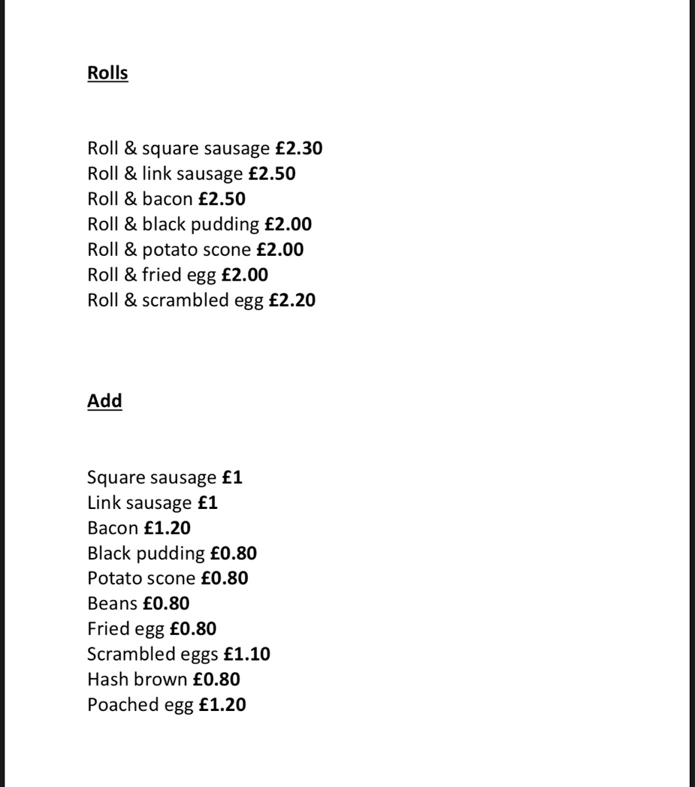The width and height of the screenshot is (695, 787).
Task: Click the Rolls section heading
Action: (108, 73)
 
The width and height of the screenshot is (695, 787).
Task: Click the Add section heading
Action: (104, 401)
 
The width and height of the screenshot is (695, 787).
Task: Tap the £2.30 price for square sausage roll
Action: (298, 148)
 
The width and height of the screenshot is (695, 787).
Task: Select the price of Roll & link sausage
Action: (271, 174)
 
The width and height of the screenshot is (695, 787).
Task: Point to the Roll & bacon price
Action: (222, 199)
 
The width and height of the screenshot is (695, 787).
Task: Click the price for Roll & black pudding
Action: (288, 224)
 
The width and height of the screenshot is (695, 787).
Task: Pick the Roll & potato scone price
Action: (280, 250)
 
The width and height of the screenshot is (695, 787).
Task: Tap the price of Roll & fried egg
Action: (245, 275)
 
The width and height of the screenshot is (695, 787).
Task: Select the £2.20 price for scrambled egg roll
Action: (292, 300)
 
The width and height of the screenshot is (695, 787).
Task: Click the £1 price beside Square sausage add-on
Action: (232, 477)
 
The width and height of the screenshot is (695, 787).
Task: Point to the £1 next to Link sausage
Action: (207, 502)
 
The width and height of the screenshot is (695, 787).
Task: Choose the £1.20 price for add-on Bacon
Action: (167, 528)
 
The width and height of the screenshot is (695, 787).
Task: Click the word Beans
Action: (112, 603)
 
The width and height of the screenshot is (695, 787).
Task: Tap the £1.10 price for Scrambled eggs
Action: (247, 654)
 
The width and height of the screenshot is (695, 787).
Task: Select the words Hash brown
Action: (137, 679)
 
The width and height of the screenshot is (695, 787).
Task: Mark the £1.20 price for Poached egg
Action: (222, 705)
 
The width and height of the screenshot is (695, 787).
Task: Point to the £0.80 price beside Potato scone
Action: (224, 578)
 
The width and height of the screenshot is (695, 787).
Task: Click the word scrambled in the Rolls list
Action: (185, 300)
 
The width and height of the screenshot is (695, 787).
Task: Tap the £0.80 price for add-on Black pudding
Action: (233, 553)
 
